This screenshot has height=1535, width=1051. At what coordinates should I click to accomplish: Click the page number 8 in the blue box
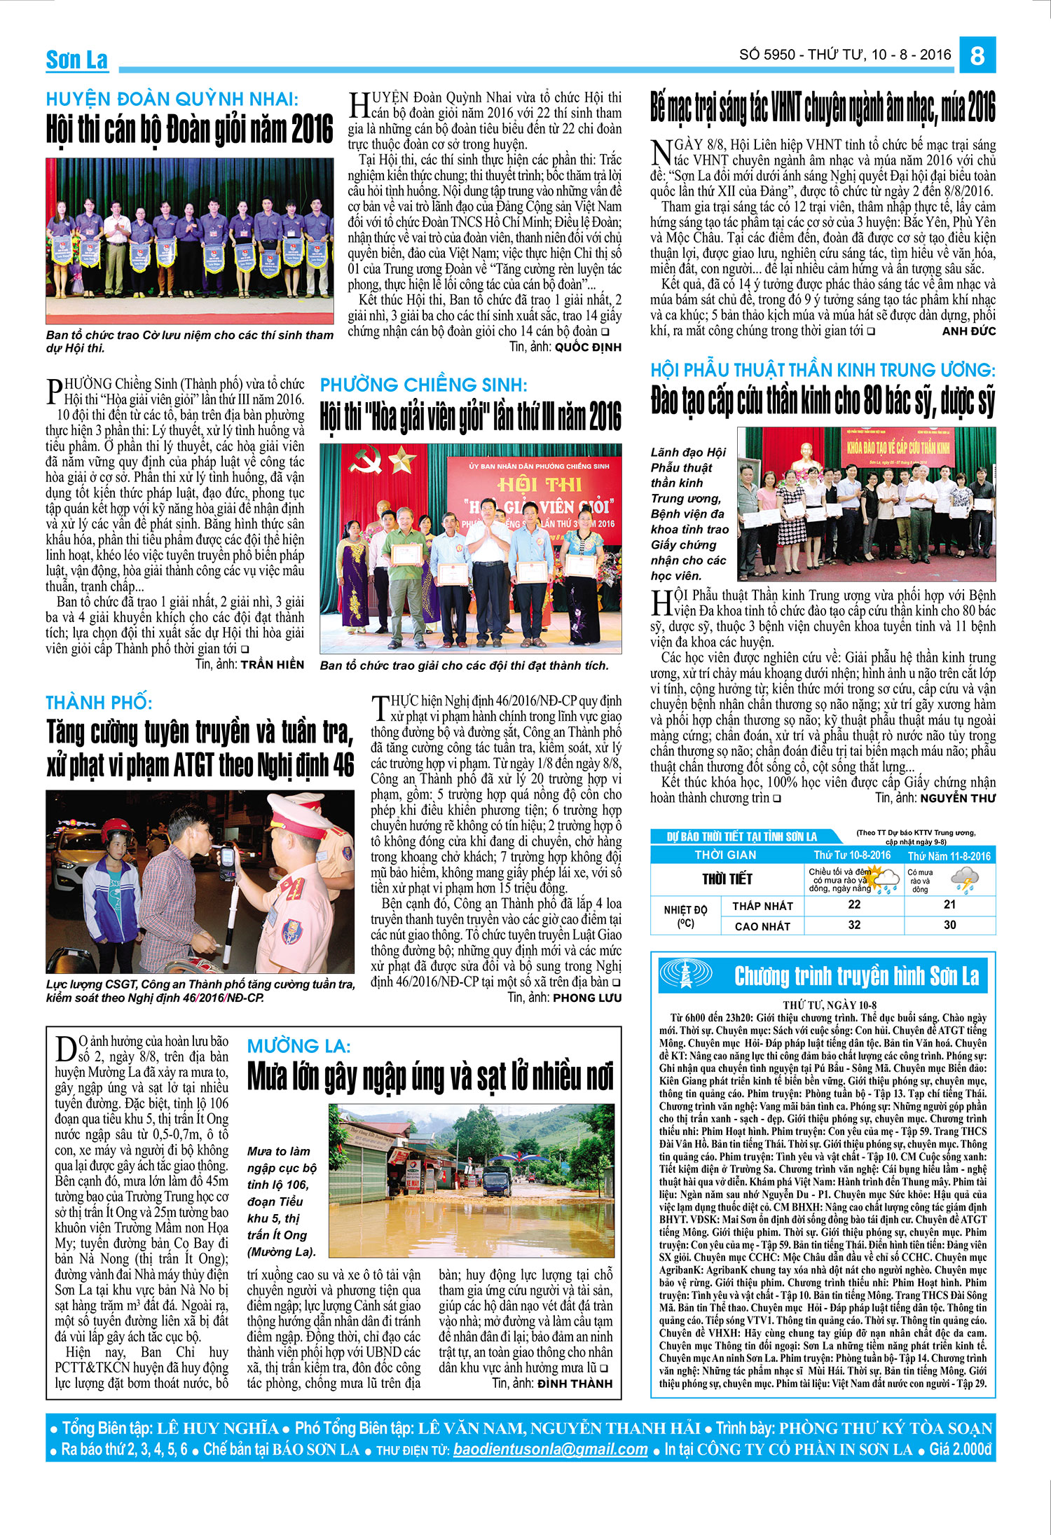[978, 55]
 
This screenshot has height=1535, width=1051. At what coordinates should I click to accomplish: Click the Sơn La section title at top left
[77, 60]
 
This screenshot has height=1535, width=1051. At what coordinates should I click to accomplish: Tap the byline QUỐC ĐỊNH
[588, 347]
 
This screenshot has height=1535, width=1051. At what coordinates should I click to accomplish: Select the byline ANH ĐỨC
[968, 331]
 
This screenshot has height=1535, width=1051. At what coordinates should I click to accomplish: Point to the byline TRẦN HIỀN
[273, 664]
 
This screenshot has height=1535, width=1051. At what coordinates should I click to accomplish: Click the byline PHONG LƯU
[587, 998]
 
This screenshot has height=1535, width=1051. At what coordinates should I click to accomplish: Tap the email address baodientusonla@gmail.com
[550, 1450]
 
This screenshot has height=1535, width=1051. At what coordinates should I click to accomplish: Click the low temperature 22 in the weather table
[854, 904]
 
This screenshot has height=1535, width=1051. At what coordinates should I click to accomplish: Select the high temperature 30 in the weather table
[949, 925]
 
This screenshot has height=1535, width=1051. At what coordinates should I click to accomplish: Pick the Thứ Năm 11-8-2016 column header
[949, 856]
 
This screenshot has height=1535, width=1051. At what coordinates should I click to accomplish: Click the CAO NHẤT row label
[762, 926]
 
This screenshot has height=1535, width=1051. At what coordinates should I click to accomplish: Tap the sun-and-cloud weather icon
[886, 879]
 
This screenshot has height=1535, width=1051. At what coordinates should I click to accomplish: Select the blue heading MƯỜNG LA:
[299, 1046]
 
